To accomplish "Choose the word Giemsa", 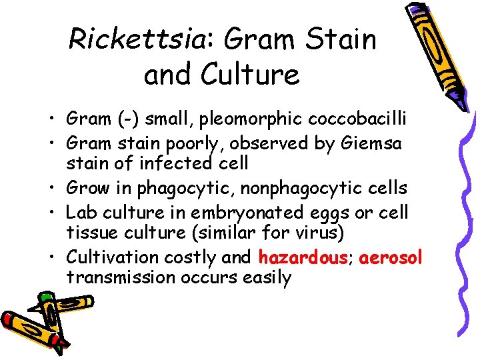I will point(370,143).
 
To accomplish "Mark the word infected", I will point(176,162).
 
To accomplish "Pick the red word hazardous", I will point(299,257).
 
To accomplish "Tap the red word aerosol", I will point(391,257).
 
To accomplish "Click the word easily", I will point(269,278).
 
